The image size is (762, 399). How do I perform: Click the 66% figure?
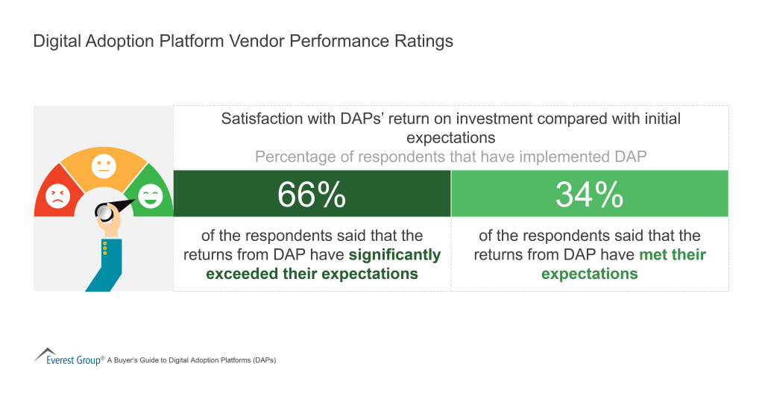pos(312,195)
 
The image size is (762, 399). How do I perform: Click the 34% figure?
pos(589,195)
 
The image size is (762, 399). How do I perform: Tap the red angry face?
pos(56,197)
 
